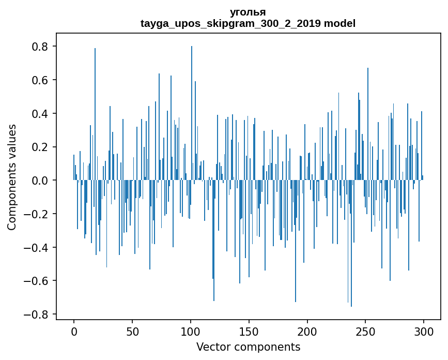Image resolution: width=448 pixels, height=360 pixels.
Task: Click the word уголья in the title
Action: [248, 12]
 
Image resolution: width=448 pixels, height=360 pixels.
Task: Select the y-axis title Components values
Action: [12, 177]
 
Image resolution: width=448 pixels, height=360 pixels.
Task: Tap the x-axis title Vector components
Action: [248, 347]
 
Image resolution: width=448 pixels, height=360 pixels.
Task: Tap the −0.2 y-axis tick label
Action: [37, 214]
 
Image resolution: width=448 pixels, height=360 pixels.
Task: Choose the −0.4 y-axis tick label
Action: [37, 248]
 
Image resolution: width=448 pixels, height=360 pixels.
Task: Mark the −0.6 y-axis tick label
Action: [37, 281]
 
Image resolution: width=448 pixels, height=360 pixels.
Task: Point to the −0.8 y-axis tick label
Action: [37, 314]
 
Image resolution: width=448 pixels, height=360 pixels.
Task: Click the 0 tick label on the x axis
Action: [74, 331]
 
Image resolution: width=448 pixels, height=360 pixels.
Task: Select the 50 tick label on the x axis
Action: [132, 331]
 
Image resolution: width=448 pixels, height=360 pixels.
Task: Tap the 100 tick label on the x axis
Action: [191, 331]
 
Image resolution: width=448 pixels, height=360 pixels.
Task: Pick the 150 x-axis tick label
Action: [249, 331]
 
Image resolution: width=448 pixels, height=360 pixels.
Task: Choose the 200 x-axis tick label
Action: [307, 331]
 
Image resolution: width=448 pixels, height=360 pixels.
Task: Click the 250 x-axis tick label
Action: [366, 331]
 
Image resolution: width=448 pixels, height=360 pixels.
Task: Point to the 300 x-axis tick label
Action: [424, 331]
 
